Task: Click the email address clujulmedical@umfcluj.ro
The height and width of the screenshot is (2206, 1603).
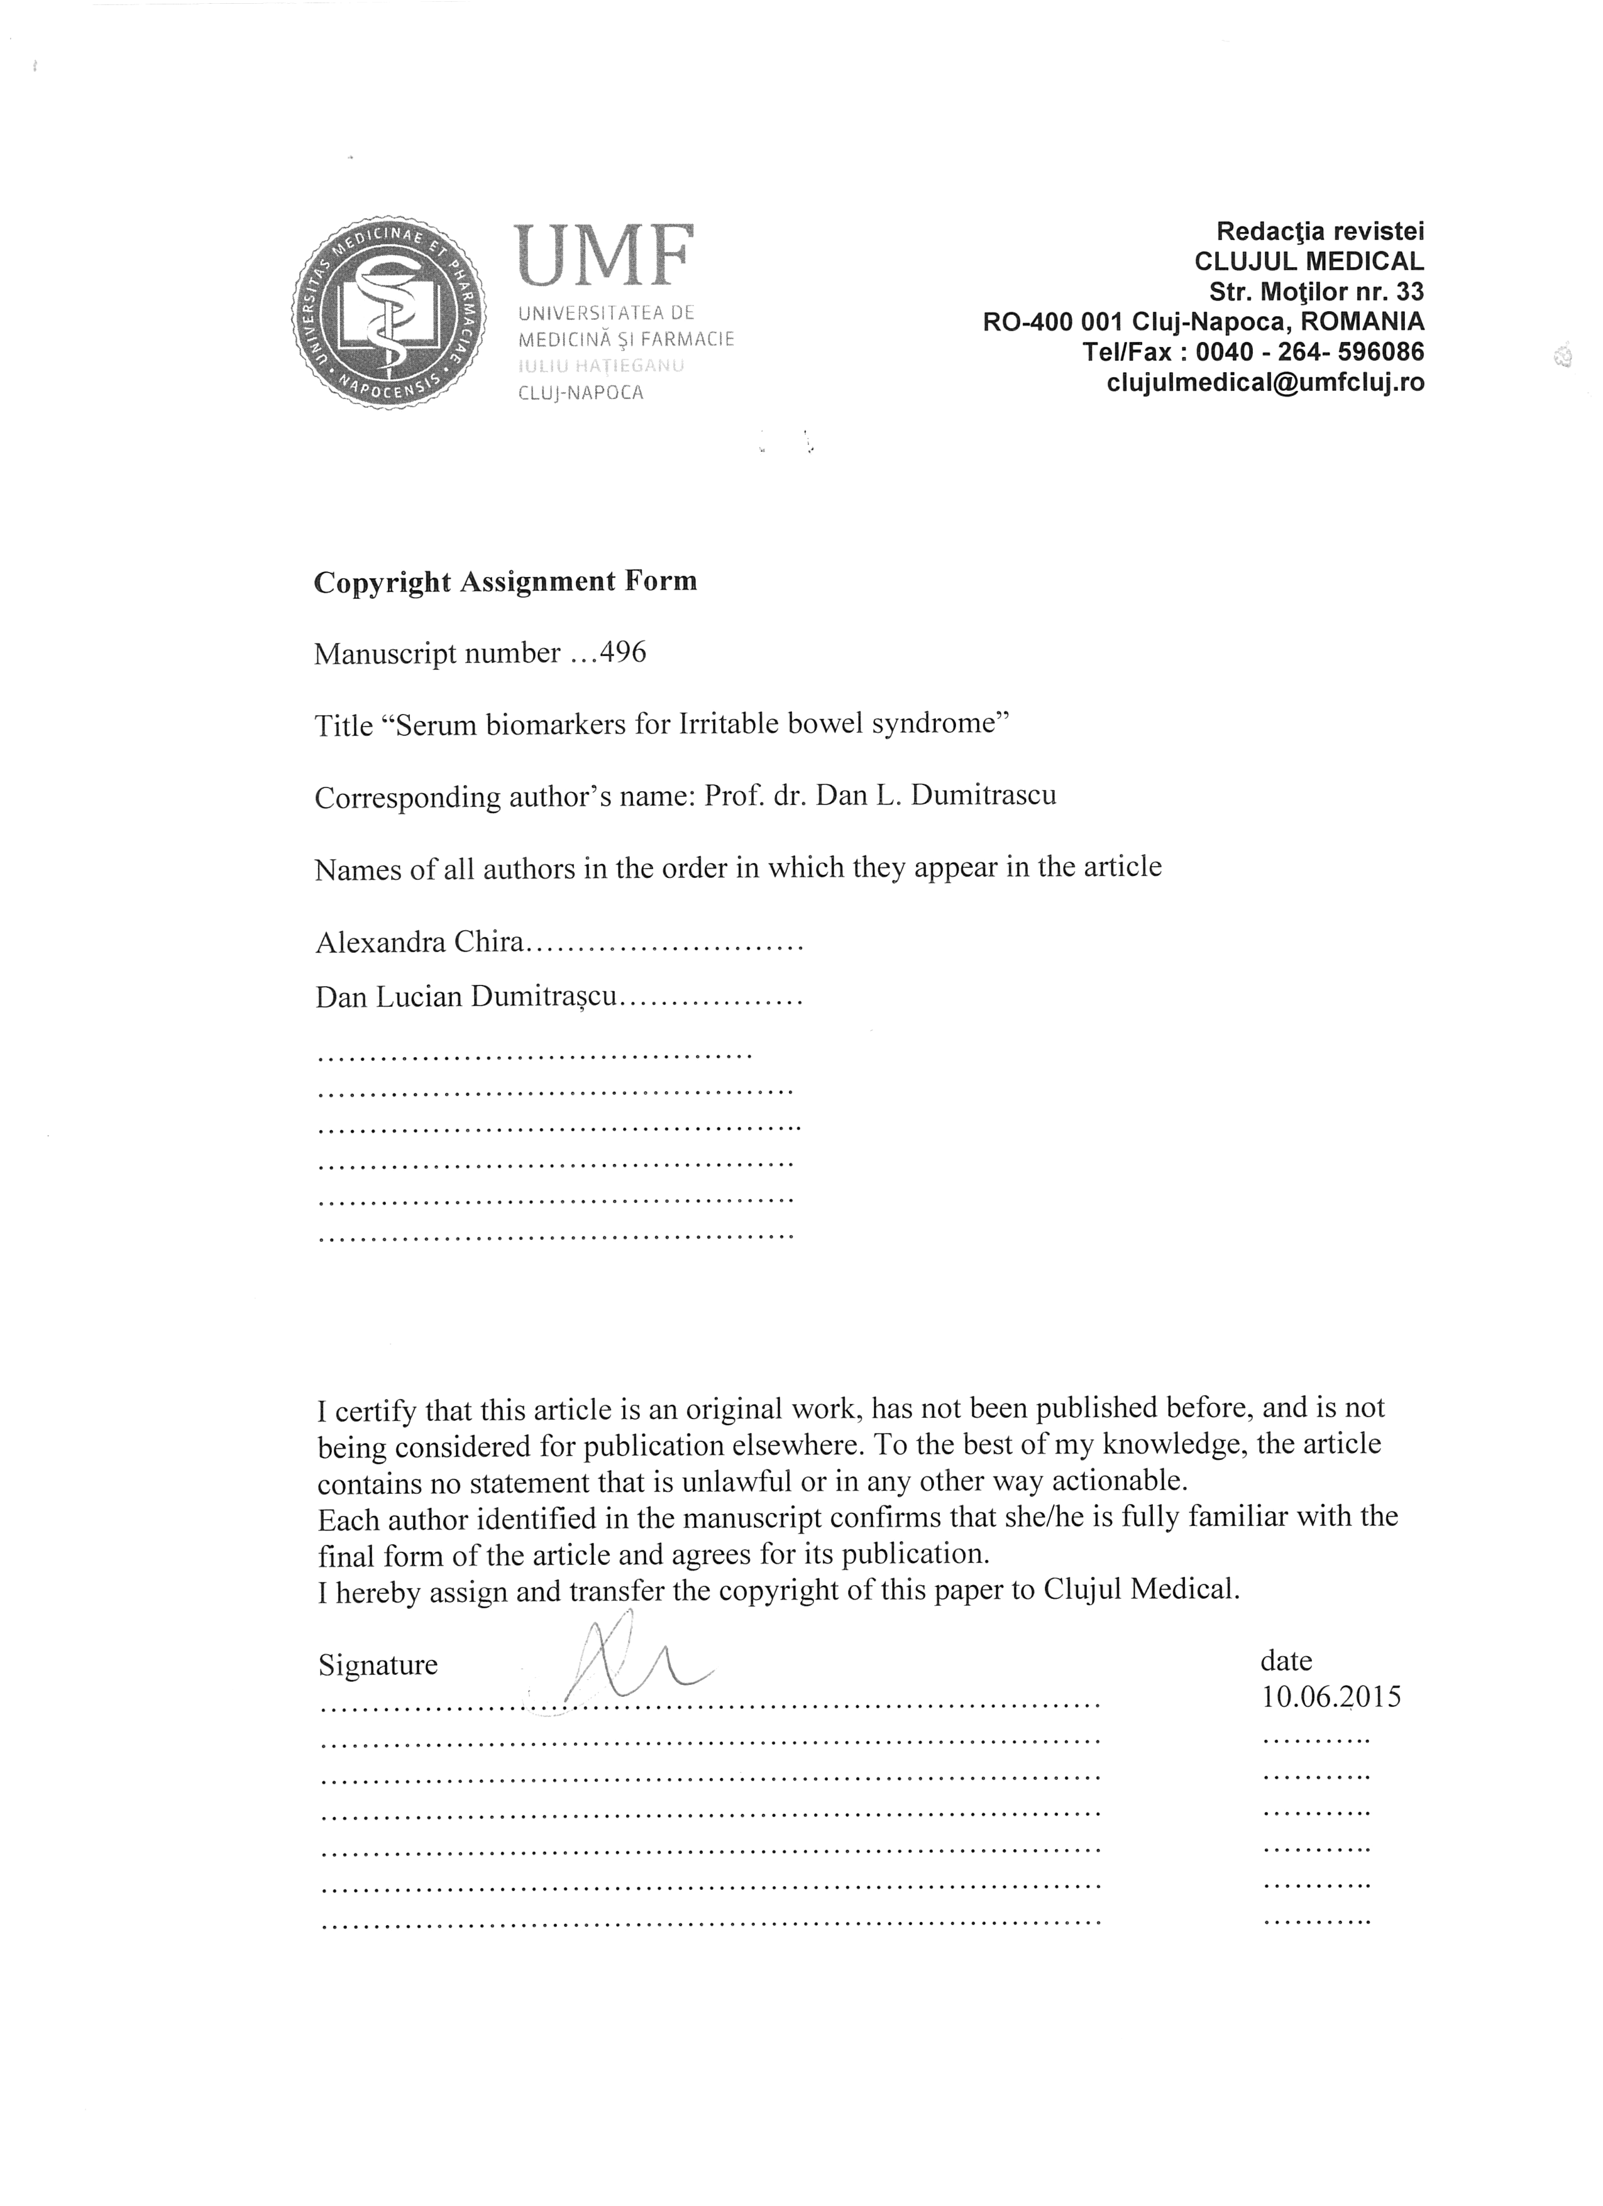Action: pyautogui.click(x=1265, y=382)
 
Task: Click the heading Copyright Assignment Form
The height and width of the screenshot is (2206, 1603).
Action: pyautogui.click(x=505, y=581)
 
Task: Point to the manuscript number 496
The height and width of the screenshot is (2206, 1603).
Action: pyautogui.click(x=622, y=652)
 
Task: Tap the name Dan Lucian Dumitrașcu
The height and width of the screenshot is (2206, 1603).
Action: pyautogui.click(x=466, y=997)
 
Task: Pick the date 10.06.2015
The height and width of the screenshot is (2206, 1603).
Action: pyautogui.click(x=1331, y=1698)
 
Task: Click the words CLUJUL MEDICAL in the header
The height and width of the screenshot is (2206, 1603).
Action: pyautogui.click(x=1308, y=261)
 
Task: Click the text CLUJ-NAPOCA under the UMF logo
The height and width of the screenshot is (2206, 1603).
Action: pyautogui.click(x=581, y=393)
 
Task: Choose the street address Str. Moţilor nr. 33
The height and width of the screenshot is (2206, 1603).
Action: pyautogui.click(x=1316, y=291)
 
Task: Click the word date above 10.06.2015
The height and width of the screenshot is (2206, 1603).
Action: pyautogui.click(x=1286, y=1660)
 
